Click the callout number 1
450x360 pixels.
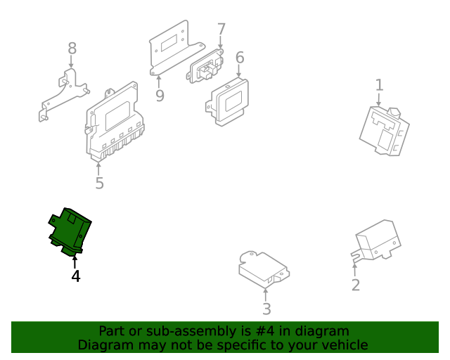coord(379,85)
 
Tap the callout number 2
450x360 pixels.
coord(356,285)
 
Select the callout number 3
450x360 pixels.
coord(266,309)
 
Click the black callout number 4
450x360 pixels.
coord(76,276)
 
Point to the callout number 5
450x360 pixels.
coord(99,183)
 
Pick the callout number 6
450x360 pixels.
coord(240,58)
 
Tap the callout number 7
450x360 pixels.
coord(221,30)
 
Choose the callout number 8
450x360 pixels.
coord(72,49)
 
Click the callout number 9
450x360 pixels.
coord(160,96)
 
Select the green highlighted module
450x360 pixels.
coord(70,231)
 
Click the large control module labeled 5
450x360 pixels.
coord(115,122)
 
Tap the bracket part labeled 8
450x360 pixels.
coord(64,96)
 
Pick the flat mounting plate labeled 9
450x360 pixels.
coord(176,49)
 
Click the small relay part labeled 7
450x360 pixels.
coord(205,66)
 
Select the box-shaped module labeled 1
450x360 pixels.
coord(385,131)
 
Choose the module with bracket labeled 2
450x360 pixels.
coord(377,241)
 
